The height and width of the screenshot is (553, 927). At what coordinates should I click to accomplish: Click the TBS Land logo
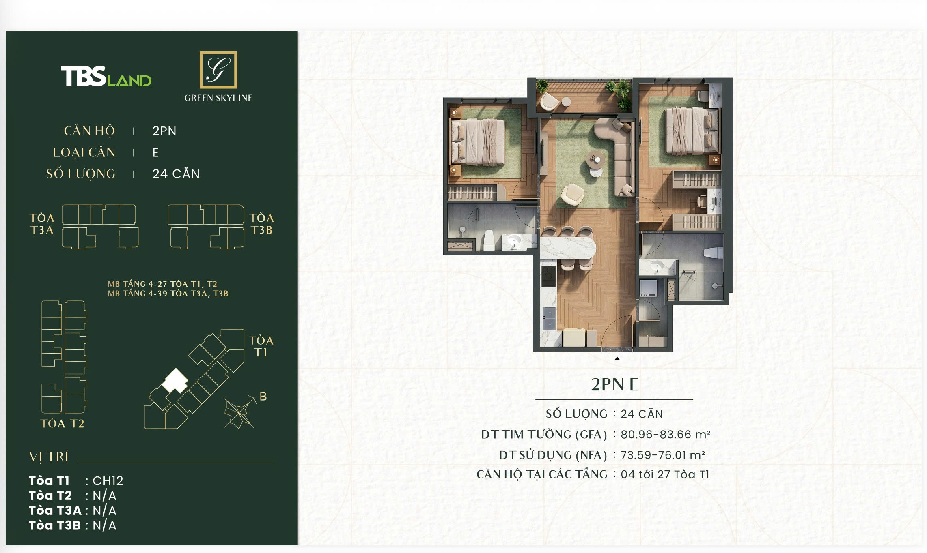tap(106, 76)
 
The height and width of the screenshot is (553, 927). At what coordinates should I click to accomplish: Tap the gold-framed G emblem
tap(218, 70)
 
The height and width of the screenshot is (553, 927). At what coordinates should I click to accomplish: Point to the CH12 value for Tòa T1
tap(108, 480)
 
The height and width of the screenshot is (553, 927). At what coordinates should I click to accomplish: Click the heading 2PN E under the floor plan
tap(614, 384)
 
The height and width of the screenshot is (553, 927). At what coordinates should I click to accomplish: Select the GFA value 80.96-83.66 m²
tap(666, 435)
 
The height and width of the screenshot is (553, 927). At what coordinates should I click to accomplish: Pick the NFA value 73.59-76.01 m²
tap(663, 455)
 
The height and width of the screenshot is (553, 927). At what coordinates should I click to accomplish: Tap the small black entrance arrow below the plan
tap(617, 358)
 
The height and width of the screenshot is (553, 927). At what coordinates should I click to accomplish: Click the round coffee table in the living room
tap(595, 159)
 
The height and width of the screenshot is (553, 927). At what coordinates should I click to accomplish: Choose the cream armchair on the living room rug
tap(573, 193)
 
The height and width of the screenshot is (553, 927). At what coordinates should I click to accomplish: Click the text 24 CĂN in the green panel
tap(176, 174)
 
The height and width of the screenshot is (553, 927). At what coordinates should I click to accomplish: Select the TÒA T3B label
tap(262, 224)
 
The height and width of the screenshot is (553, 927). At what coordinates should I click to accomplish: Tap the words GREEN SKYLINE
tap(218, 98)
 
